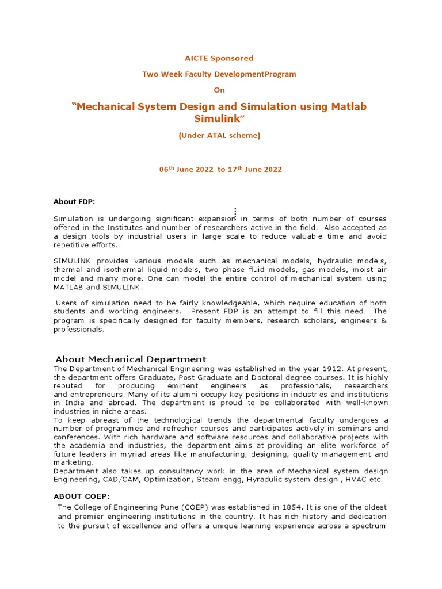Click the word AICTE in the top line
[x=196, y=58]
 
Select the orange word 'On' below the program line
[x=219, y=90]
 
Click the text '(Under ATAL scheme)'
[x=219, y=136]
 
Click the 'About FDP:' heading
[x=74, y=201]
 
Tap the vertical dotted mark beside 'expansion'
[x=235, y=213]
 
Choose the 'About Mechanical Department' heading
[x=131, y=359]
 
